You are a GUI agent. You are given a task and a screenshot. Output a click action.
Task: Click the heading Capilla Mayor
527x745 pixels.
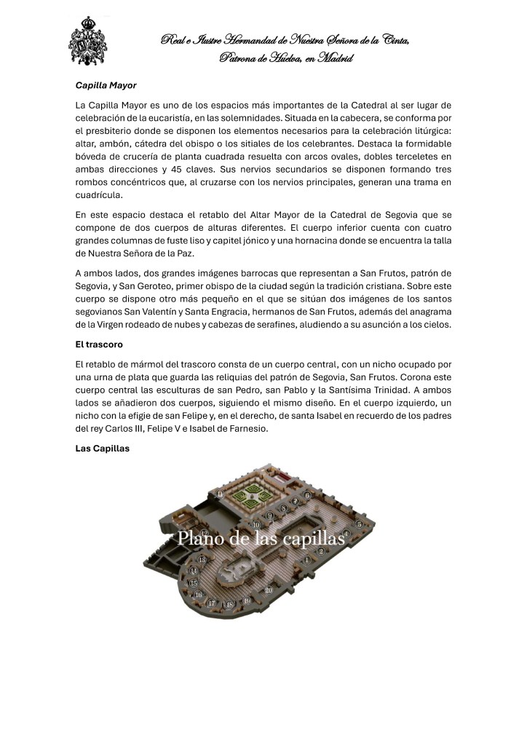coord(106,85)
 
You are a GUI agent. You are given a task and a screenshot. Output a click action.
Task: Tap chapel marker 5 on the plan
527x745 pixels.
coord(359,524)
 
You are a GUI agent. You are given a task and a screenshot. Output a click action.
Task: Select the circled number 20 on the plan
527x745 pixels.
coord(269,591)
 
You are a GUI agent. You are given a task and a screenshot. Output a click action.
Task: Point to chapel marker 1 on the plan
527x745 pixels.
coord(307,559)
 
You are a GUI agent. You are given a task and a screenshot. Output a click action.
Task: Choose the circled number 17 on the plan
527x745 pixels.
coord(212,602)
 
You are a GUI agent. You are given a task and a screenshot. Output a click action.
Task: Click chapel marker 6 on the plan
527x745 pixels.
coord(307,495)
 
